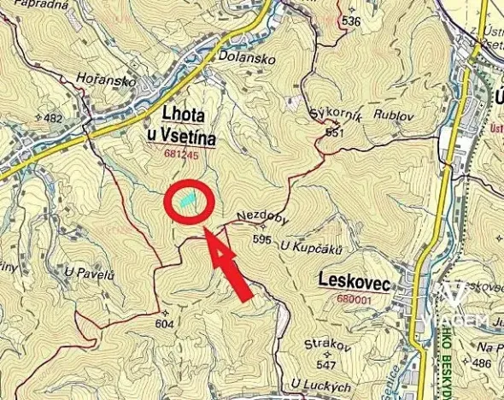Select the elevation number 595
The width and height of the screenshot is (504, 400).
[x=261, y=239]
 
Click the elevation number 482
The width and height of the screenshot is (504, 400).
[x=53, y=119]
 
